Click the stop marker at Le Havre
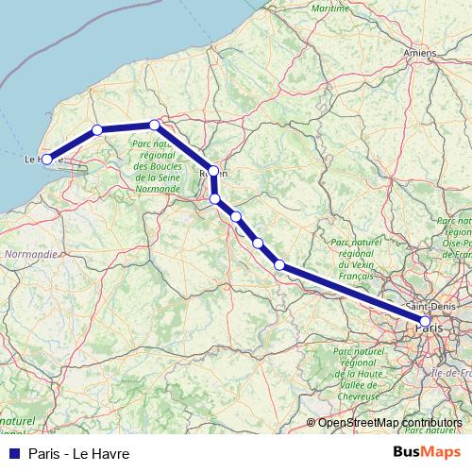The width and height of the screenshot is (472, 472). tap(46, 160)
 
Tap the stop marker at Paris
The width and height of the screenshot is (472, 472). tap(425, 322)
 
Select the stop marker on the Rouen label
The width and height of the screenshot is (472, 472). tap(214, 172)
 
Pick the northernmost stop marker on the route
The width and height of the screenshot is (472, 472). tap(155, 125)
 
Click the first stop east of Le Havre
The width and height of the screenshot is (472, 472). tap(96, 130)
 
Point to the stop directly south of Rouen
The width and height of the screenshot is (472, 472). tap(215, 199)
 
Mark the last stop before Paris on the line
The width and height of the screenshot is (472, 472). tap(279, 264)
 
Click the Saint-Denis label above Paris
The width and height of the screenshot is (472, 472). tap(428, 308)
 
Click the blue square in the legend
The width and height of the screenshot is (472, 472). tap(13, 453)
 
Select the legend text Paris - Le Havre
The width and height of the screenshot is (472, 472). tap(78, 453)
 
